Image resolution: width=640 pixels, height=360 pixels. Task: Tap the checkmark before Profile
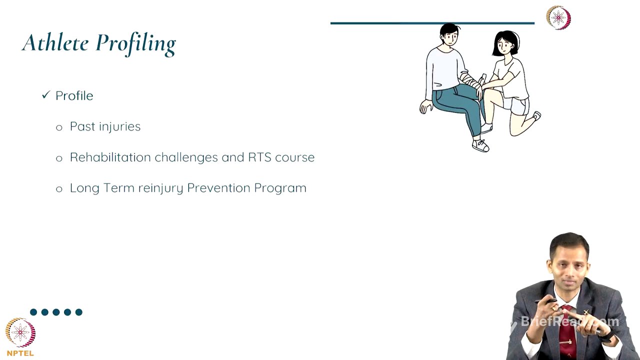point(46,94)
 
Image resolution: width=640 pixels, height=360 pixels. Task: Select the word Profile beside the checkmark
point(74,95)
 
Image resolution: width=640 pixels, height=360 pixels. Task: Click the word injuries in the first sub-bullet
point(120,126)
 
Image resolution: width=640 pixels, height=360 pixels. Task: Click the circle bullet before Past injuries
point(59,127)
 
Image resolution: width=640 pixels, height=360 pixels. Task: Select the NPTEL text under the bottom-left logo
point(20,353)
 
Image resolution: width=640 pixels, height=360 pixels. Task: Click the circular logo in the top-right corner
point(558,18)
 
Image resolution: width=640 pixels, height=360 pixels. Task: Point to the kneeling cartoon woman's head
point(506,44)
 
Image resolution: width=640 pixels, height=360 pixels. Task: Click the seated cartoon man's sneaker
point(480,145)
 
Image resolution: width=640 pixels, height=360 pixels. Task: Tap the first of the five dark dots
point(33,312)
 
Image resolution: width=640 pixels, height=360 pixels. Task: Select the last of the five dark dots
point(78,312)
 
